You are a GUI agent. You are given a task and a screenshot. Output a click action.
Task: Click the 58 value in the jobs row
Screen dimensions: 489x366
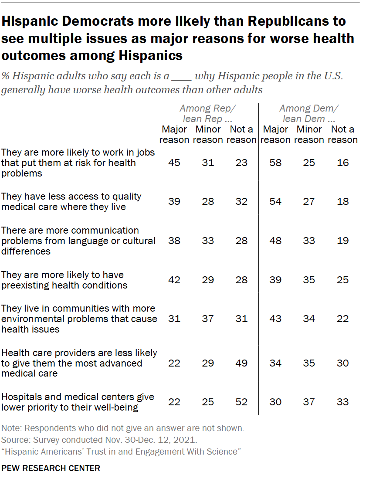point(275,163)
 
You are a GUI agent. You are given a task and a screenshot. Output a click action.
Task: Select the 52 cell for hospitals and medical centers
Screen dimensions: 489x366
point(241,402)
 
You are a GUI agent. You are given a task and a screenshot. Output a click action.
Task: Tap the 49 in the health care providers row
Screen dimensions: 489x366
point(241,363)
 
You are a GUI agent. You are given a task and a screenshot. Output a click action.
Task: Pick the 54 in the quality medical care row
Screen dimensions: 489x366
point(275,202)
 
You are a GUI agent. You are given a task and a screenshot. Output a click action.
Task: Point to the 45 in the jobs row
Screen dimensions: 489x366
point(174,163)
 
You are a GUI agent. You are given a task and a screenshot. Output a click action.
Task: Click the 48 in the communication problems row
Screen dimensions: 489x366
point(275,241)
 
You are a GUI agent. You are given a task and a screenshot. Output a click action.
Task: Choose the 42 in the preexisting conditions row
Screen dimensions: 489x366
point(174,280)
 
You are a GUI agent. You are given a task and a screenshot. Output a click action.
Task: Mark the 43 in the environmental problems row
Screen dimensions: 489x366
point(275,319)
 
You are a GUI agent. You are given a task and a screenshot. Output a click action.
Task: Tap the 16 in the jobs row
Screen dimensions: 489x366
point(342,163)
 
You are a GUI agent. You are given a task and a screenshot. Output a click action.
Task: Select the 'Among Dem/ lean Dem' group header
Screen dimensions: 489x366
point(308,113)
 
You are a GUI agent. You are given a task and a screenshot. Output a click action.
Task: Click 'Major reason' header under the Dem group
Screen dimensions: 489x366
point(275,134)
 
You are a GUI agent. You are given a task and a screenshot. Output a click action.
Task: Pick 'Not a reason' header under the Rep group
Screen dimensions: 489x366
point(241,134)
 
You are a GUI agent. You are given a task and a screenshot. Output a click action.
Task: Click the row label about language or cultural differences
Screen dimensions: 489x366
point(78,241)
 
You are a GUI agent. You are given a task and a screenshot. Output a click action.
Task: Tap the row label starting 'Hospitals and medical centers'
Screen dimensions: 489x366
point(78,402)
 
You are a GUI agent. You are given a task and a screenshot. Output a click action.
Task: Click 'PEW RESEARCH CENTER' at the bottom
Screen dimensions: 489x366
point(51,469)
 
